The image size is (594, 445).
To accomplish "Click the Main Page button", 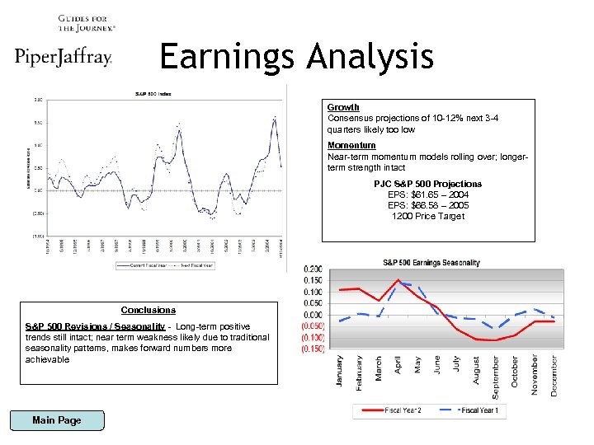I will (x=57, y=420).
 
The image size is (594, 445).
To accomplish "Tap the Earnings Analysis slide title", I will (x=296, y=57).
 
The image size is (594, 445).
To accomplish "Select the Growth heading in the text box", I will (x=343, y=107).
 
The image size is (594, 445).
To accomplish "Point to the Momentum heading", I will (x=351, y=145).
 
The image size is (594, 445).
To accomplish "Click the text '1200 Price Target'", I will (x=428, y=216).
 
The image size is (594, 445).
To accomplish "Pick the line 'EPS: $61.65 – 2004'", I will (x=428, y=194).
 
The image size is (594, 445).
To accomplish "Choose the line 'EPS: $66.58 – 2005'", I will (x=428, y=205).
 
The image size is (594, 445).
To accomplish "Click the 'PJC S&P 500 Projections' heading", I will (x=428, y=184).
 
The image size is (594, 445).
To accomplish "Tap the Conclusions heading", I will (x=148, y=310).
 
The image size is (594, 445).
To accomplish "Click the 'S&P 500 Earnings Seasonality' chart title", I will (x=431, y=263).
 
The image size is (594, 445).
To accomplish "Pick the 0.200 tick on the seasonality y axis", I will (x=313, y=269).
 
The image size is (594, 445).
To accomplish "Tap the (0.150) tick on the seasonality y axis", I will (x=312, y=349).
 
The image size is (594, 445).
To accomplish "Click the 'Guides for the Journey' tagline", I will (x=87, y=22).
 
